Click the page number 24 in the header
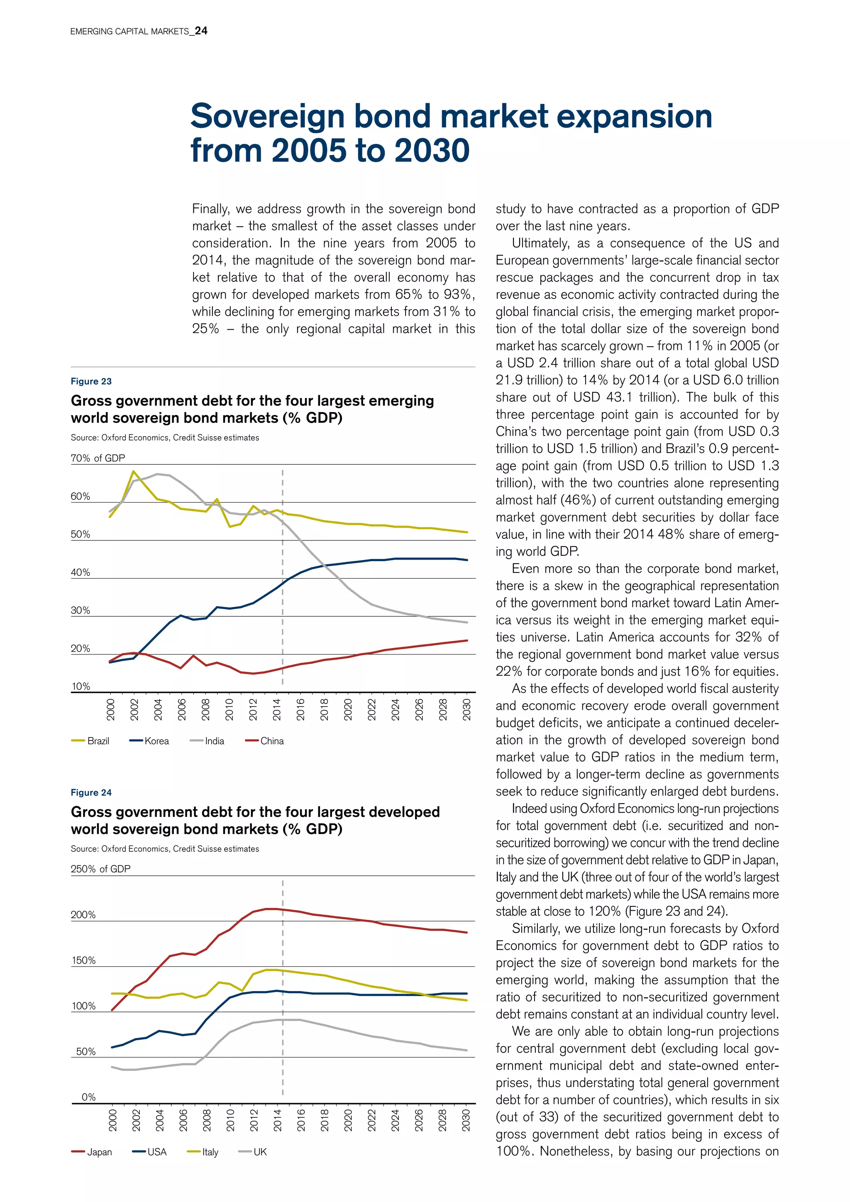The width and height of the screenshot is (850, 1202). (201, 31)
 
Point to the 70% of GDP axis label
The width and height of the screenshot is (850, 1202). (98, 458)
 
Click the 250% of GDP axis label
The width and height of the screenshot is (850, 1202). (100, 869)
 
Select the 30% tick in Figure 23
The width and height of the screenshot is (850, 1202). (80, 611)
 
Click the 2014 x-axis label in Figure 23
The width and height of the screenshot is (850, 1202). (277, 709)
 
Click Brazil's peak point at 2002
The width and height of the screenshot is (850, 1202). (134, 471)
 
